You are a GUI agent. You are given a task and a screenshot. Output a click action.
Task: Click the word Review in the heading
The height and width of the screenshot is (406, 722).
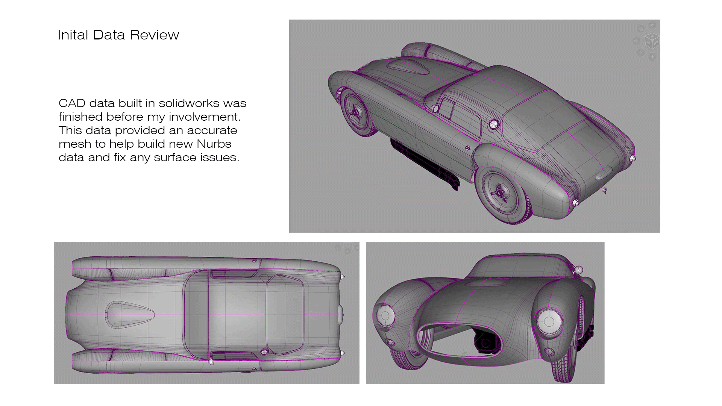154,35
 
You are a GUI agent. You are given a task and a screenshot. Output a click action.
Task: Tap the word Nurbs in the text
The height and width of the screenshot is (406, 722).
214,144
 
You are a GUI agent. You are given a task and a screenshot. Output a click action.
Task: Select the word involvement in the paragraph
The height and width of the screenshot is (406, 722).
204,117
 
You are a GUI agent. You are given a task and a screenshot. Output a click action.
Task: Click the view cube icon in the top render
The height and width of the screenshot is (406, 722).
652,41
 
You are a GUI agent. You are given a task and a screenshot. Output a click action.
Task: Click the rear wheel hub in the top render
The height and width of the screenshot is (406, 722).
499,192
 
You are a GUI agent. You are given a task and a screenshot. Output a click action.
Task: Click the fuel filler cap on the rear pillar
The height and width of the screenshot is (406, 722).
494,124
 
